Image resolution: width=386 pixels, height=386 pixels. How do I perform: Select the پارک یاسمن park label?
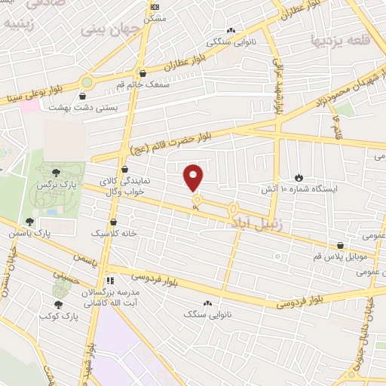click(54, 234)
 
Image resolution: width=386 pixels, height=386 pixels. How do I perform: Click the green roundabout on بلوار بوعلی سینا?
click(87, 82)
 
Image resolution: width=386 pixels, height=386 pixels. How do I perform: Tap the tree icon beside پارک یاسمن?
click(29, 222)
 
